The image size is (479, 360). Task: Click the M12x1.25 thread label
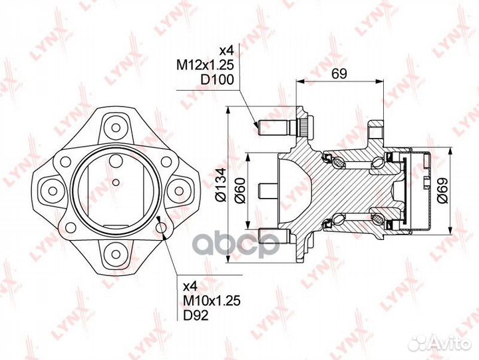click(x=205, y=65)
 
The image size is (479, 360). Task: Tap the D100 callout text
click(x=217, y=79)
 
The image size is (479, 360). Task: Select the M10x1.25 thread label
click(x=212, y=301)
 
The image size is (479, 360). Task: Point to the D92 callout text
click(x=196, y=315)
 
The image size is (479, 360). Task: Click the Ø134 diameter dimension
click(x=221, y=185)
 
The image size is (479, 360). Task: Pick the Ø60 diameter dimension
click(x=239, y=190)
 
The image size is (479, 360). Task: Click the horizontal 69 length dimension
click(x=339, y=74)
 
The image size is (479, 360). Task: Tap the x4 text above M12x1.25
click(x=227, y=50)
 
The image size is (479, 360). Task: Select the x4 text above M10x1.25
click(x=190, y=286)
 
